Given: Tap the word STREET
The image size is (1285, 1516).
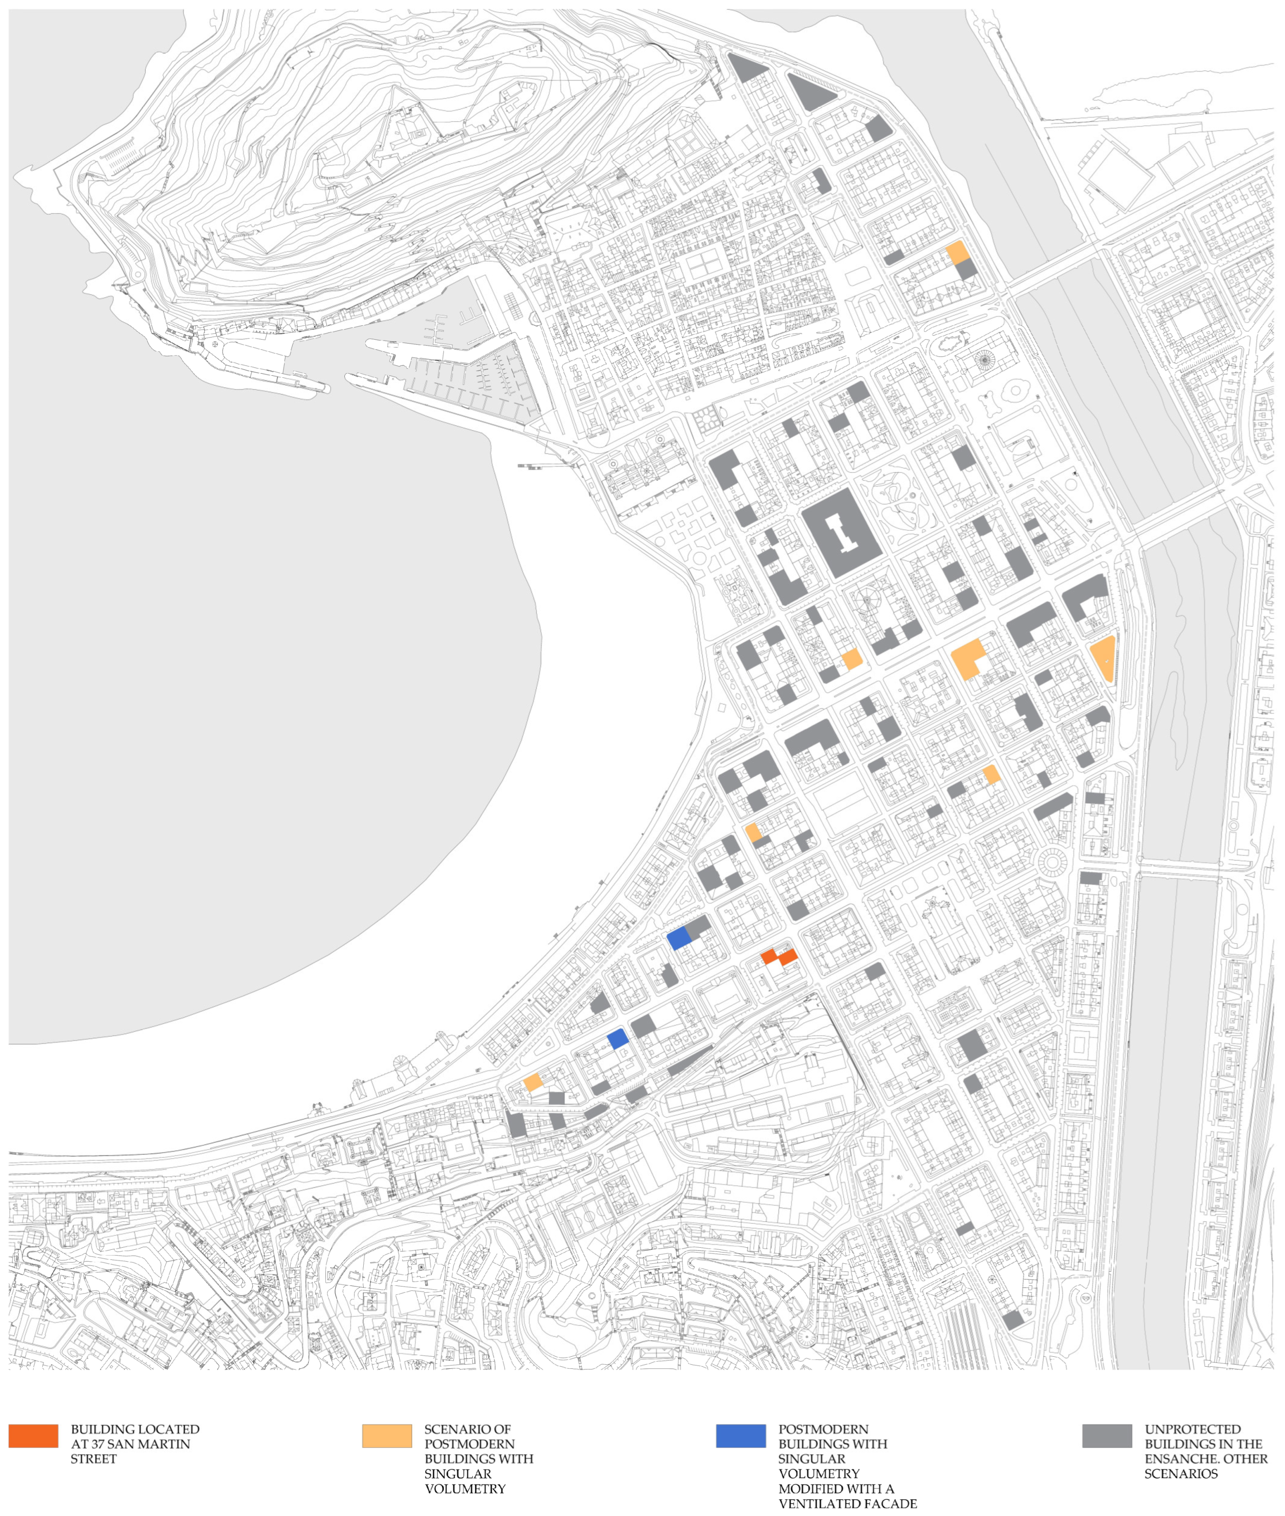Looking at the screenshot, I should (93, 1459).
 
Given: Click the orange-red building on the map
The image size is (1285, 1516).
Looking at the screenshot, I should (779, 956).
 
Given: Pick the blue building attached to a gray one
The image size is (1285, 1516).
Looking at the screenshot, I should (678, 937).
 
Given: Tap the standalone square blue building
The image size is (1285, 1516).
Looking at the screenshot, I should (618, 1038).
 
